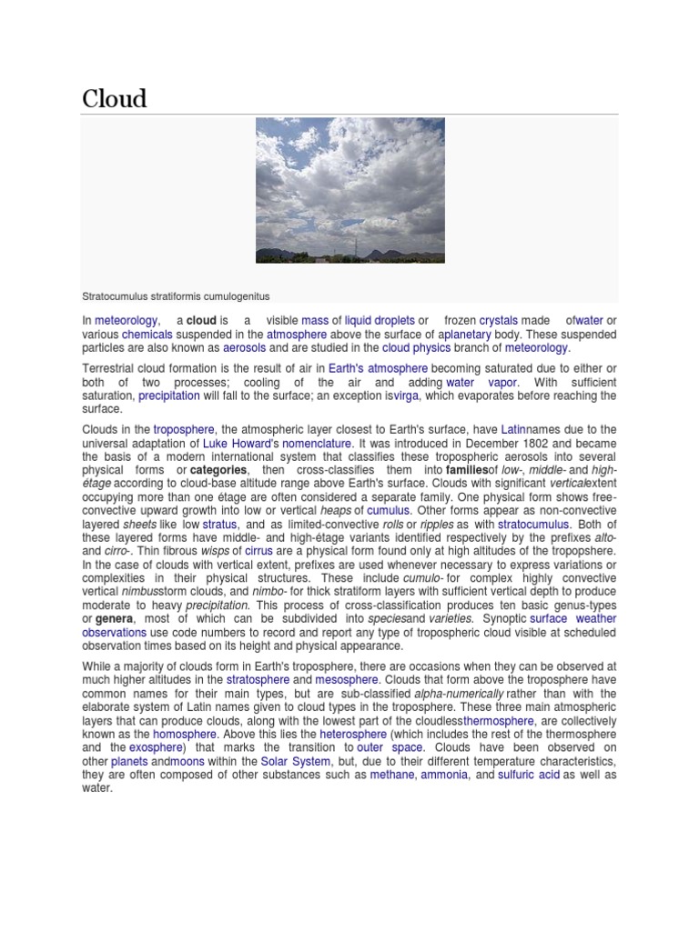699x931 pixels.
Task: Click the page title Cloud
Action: (x=114, y=98)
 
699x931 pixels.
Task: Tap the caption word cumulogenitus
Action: (x=236, y=296)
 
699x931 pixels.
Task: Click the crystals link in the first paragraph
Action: (x=498, y=320)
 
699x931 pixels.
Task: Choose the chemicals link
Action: (x=147, y=334)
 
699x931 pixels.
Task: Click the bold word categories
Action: (x=218, y=470)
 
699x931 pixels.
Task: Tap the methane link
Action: (x=392, y=775)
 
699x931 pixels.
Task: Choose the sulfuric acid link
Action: (x=529, y=775)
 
